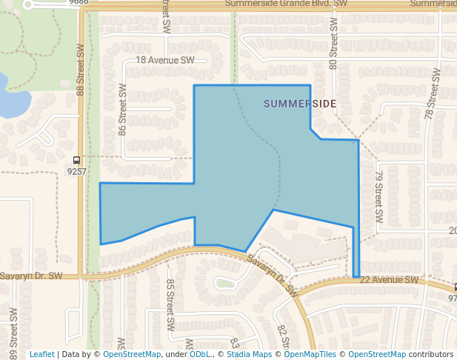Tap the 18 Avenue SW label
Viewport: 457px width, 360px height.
[164, 60]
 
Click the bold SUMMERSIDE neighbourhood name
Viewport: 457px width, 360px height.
[299, 104]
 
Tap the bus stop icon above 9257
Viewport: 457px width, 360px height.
[77, 160]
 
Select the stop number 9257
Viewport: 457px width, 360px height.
[77, 171]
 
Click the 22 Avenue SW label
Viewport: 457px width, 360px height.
[390, 280]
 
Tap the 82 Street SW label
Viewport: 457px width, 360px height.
[282, 336]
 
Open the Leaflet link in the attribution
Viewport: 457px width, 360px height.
[41, 354]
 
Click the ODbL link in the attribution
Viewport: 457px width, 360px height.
[199, 354]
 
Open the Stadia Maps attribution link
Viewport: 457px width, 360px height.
[248, 354]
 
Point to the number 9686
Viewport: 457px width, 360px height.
[79, 3]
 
